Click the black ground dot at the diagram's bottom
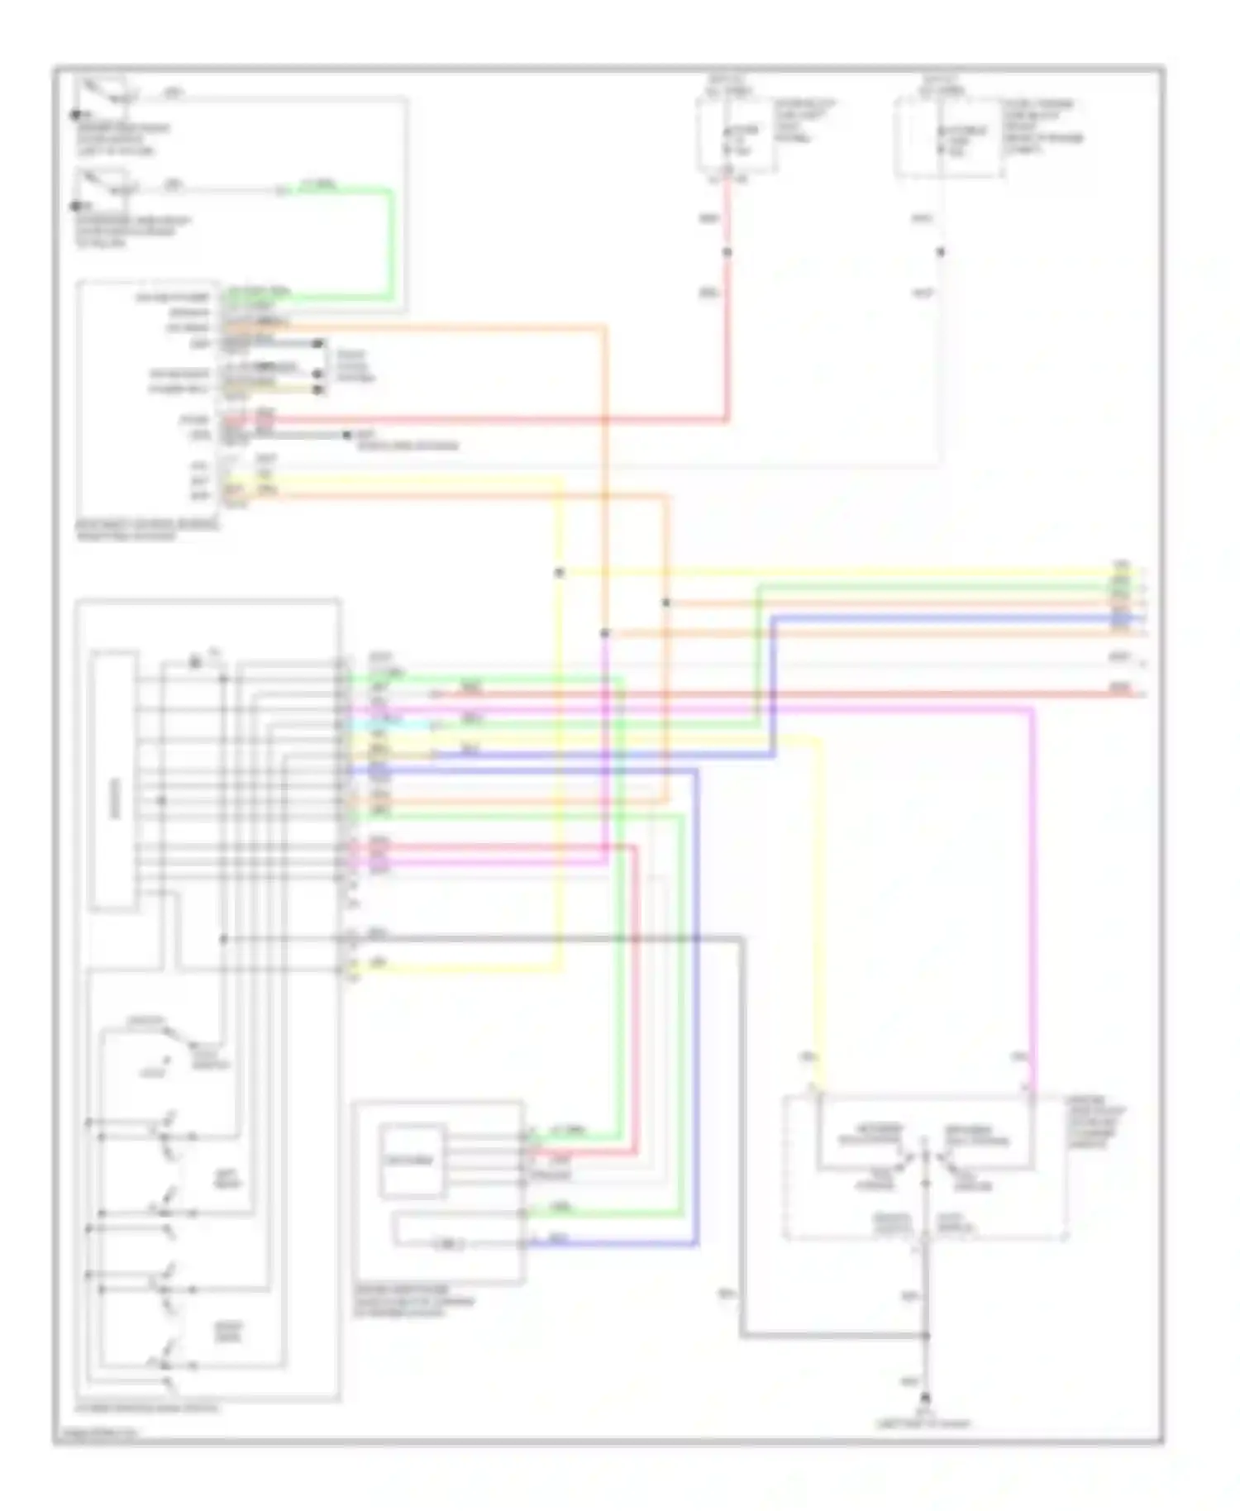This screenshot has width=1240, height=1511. coord(926,1396)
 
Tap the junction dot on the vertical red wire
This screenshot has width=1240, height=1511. coord(727,252)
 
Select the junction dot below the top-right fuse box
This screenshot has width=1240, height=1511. coord(940,252)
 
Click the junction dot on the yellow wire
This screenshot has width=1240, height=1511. coord(560,572)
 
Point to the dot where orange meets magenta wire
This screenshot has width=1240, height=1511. coord(605,633)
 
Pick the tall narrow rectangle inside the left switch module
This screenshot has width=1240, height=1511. coord(114,780)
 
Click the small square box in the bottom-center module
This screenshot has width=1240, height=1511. coord(411,1160)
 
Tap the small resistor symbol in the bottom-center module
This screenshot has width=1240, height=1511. coord(447,1243)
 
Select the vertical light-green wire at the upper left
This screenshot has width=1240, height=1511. coord(391,244)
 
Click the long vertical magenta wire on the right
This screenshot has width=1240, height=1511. coord(1033,893)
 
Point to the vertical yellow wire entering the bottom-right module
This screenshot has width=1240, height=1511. coord(820,909)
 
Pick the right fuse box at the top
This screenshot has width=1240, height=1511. coord(949,137)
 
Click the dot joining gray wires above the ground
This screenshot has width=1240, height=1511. coord(926,1335)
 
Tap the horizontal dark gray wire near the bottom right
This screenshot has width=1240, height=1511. coord(827,1335)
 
